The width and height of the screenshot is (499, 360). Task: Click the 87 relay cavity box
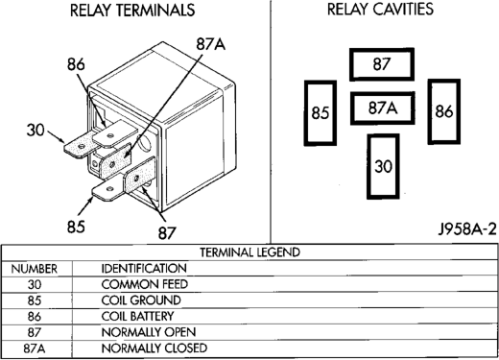tap(382, 64)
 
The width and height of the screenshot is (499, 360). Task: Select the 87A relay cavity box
tap(383, 108)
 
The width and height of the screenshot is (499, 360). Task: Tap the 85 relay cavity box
tap(321, 113)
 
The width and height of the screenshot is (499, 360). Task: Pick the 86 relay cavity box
tap(444, 111)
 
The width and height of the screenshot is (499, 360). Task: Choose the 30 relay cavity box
tap(383, 166)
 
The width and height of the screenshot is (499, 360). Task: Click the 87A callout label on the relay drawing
tap(211, 44)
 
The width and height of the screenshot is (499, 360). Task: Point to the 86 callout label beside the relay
tap(76, 64)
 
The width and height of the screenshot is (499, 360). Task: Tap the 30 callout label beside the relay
tap(36, 131)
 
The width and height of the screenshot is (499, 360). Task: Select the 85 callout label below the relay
tap(76, 227)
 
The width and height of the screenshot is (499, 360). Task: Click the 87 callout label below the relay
tap(167, 233)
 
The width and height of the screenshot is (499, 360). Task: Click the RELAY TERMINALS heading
tap(132, 10)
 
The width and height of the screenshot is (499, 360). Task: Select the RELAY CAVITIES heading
tap(380, 9)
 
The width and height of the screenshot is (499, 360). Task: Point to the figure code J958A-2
tap(467, 229)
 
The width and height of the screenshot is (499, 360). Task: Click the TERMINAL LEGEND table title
tap(250, 252)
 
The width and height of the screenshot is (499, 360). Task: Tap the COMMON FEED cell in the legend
tap(144, 284)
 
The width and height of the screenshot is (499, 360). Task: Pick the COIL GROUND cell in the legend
tap(141, 300)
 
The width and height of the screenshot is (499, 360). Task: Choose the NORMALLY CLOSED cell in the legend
tap(154, 348)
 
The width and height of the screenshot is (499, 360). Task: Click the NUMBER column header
tap(35, 269)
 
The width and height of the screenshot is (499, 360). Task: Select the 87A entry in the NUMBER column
tap(35, 348)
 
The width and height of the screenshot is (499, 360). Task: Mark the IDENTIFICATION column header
tap(144, 268)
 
